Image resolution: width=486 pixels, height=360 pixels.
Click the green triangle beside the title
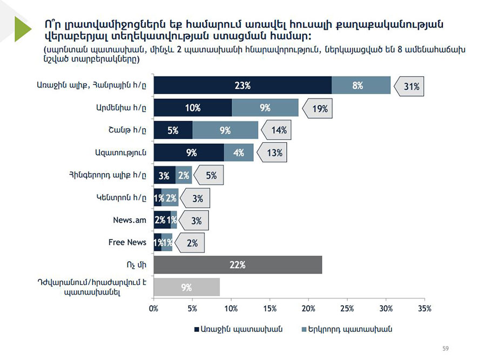pos(23,29)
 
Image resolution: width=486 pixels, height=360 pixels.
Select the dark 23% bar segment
pos(242,85)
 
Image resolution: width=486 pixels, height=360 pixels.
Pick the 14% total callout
pos(278,131)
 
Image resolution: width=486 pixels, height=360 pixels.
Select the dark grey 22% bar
pos(238,265)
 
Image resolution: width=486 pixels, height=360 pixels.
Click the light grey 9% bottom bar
pos(186,287)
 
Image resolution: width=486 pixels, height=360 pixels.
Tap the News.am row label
pos(130,220)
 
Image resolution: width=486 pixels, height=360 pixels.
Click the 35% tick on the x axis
pos(424,309)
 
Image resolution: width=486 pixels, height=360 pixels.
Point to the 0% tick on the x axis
pos(154,309)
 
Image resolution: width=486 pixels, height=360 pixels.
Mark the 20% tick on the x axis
pos(308,309)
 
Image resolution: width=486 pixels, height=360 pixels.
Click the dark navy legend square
pos(196,329)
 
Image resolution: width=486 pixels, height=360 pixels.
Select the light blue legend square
pos(303,329)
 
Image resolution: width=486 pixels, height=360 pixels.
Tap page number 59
pos(446,348)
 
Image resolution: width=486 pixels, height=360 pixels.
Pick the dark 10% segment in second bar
pos(193,108)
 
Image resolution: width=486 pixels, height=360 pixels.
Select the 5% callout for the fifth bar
pos(210,175)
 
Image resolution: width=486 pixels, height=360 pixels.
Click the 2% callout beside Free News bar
pos(191,243)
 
